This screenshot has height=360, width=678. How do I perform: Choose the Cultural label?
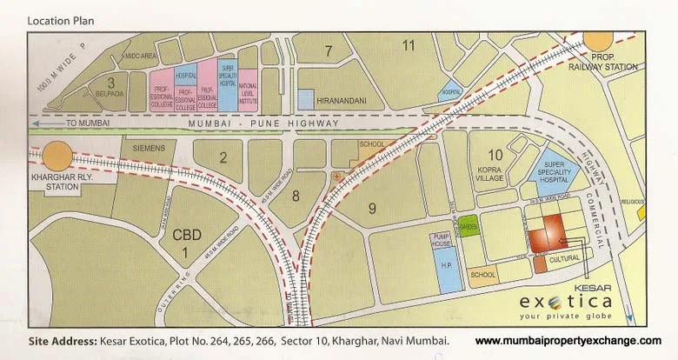click(x=564, y=259)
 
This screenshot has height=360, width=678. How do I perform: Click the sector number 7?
click(x=329, y=50)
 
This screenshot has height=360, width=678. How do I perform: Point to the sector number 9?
click(x=371, y=207)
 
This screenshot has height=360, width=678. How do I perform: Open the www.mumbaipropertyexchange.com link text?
click(x=568, y=340)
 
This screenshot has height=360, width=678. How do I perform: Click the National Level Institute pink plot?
click(x=248, y=90)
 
